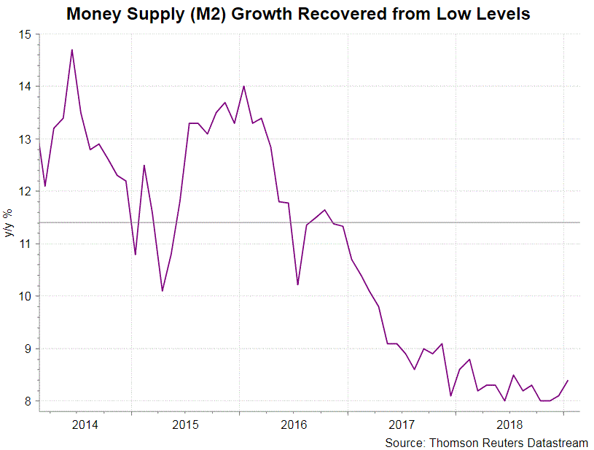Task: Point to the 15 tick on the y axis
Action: (26, 34)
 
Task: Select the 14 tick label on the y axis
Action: (26, 87)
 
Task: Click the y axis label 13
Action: (26, 139)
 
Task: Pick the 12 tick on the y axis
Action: (26, 192)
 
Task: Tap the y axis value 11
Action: (26, 244)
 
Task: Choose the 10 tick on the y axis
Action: (26, 296)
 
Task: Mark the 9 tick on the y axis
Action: (29, 349)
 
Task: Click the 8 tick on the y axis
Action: (29, 401)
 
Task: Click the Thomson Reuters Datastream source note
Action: (486, 442)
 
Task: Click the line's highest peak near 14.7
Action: (71, 50)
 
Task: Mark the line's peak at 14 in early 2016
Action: (243, 87)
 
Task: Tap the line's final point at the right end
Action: (568, 380)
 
